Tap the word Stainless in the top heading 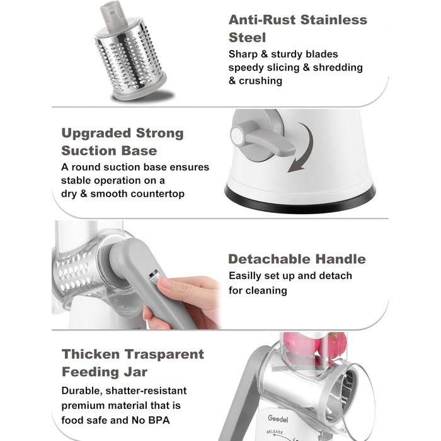tap(334, 20)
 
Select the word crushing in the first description tap(260, 81)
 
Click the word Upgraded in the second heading tap(96, 134)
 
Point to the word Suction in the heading tap(89, 151)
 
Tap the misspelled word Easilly tap(244, 276)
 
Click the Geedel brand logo tap(278, 419)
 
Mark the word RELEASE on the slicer tap(275, 432)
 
